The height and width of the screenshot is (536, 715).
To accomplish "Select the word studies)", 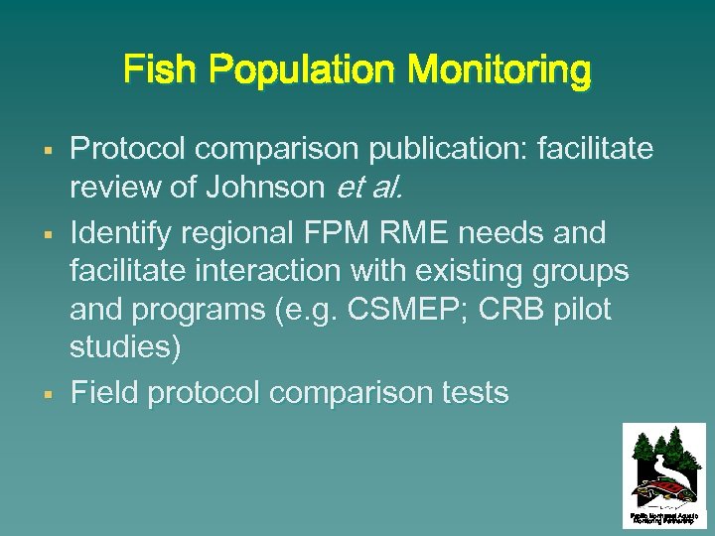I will pyautogui.click(x=125, y=348).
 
